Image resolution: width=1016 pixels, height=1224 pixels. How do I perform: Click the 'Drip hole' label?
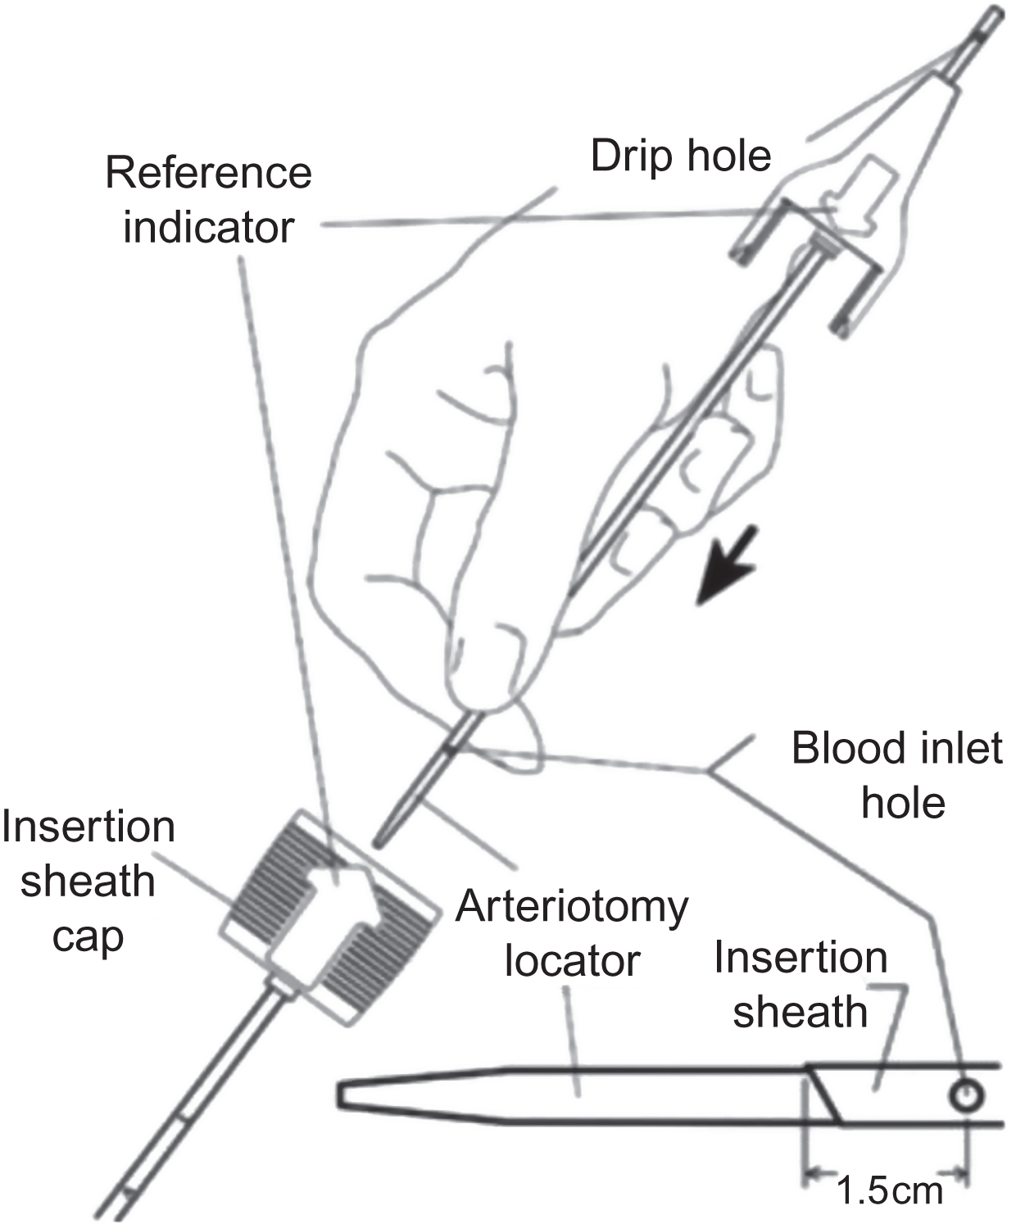pos(681,156)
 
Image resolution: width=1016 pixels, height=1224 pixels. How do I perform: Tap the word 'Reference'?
pos(209,173)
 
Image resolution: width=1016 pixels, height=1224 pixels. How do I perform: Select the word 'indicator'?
pos(209,227)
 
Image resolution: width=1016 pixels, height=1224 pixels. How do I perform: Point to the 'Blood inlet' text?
pos(896,748)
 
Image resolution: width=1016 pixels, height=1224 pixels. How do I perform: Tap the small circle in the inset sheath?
pos(964,1095)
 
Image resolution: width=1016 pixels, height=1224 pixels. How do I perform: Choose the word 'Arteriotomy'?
pos(572,907)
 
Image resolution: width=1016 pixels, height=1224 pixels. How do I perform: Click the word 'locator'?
pos(572,961)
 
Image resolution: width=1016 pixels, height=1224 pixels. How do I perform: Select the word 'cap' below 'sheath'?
pos(88,936)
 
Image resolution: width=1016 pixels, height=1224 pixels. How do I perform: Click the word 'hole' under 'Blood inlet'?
pos(903,803)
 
